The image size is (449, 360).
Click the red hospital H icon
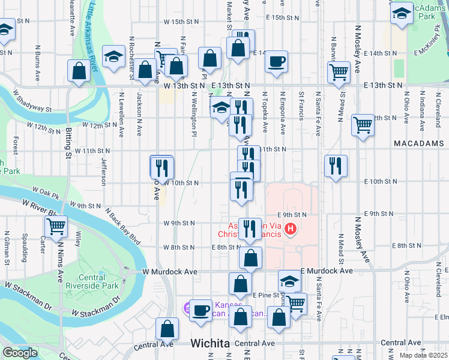click(291, 229)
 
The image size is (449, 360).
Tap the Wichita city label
click(210, 344)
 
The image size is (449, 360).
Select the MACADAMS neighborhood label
click(419, 144)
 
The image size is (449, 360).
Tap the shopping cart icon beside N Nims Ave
click(56, 227)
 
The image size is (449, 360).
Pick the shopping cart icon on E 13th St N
click(339, 72)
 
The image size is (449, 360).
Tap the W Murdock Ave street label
click(170, 272)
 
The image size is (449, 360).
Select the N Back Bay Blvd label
click(123, 227)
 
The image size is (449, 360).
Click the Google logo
click(20, 353)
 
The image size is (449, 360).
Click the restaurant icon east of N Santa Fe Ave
click(336, 165)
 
